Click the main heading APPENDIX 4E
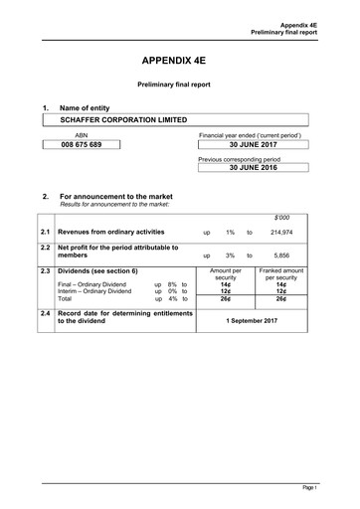(x=180, y=60)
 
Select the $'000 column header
(x=282, y=216)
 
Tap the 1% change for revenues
(x=230, y=231)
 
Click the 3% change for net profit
(x=230, y=255)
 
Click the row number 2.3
(x=47, y=270)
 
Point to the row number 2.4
(x=47, y=314)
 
